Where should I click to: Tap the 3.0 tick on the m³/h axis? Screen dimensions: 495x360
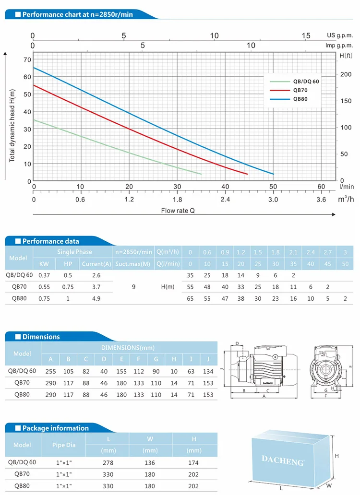pos(273,200)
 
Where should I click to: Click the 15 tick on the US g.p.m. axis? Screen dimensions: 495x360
pos(306,35)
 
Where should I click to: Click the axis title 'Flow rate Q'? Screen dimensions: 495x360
pos(178,210)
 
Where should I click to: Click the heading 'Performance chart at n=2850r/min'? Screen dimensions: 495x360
pos(77,14)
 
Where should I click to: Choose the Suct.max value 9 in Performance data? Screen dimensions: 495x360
pos(133,287)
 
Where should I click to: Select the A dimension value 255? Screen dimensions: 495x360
pos(50,371)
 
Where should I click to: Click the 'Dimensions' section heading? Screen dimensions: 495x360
pos(41,337)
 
